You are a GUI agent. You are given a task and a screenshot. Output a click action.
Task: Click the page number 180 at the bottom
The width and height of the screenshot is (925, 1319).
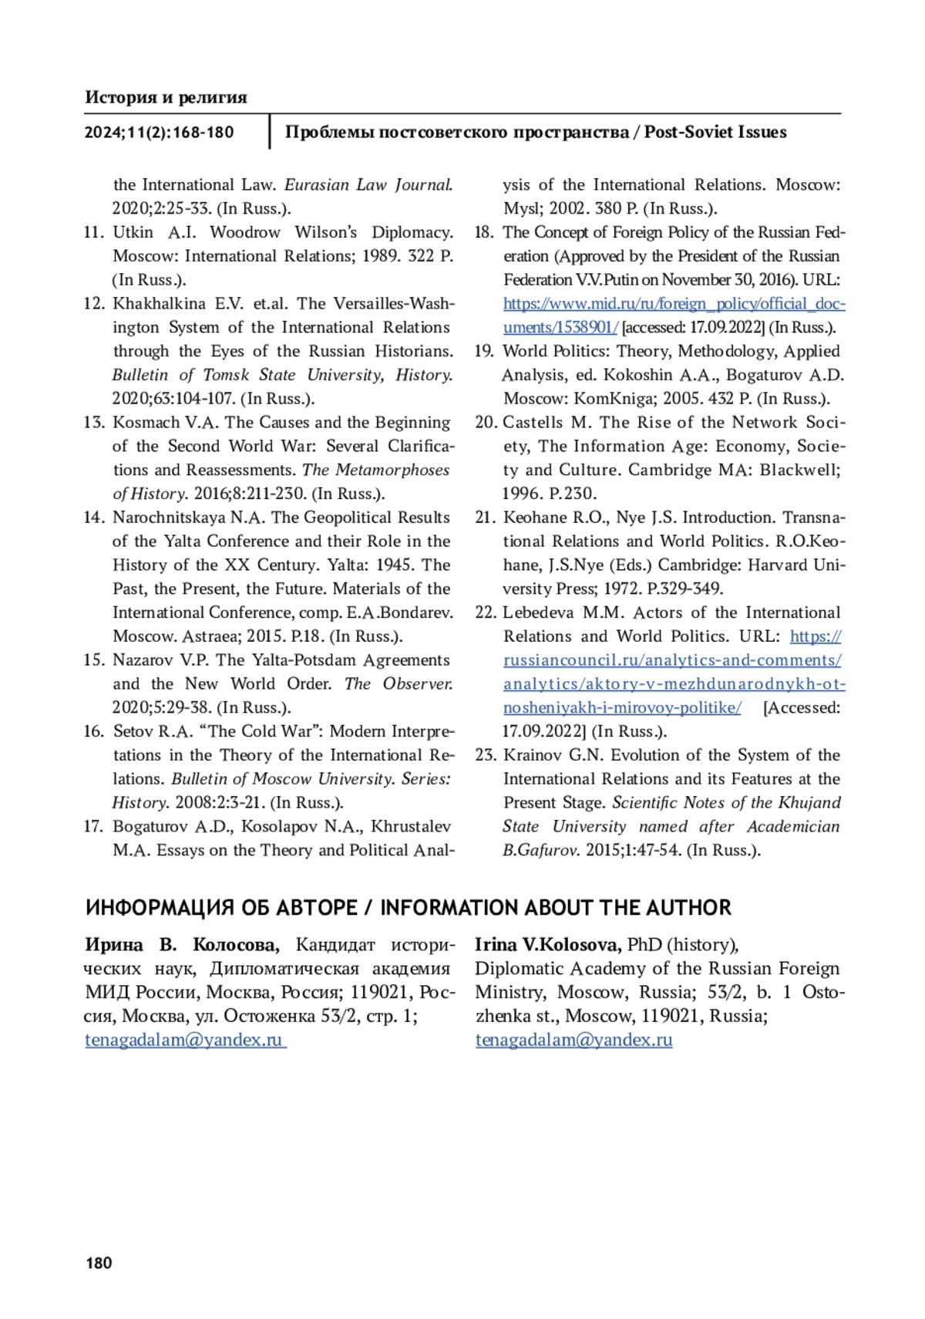tap(99, 1263)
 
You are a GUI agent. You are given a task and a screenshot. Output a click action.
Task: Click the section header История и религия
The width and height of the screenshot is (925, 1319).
tap(166, 97)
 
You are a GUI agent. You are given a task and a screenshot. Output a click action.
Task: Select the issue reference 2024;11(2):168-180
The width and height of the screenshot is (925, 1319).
tap(159, 133)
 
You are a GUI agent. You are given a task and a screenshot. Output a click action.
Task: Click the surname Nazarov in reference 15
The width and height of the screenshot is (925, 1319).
tap(143, 660)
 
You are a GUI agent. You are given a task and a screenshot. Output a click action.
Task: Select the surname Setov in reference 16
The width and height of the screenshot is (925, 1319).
tap(133, 731)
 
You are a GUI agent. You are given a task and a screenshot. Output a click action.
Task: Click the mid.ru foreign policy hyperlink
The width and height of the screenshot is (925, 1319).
tap(674, 304)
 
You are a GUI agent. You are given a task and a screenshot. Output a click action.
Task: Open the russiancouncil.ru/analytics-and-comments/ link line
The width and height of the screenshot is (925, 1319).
tap(672, 660)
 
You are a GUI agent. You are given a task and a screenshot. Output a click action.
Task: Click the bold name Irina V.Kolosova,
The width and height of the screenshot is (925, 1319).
tap(548, 945)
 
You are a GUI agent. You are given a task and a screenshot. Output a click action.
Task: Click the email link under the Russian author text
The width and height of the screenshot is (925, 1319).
tap(184, 1040)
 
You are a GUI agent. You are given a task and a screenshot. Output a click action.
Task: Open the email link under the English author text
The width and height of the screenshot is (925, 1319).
tap(573, 1040)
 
